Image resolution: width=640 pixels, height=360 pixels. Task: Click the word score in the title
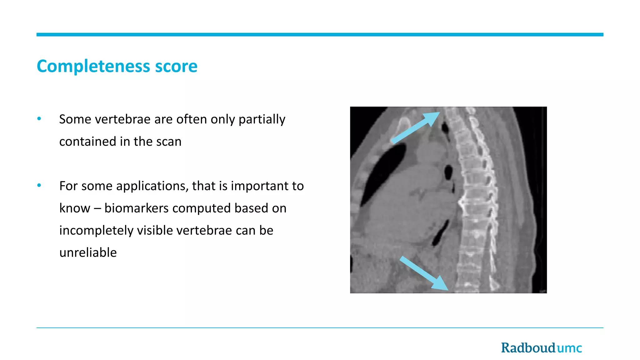click(176, 67)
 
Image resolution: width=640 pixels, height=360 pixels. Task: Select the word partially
click(262, 119)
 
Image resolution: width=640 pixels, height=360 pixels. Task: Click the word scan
click(169, 142)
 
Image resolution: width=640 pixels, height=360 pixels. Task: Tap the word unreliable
click(88, 252)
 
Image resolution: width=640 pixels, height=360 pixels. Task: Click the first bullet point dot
click(39, 119)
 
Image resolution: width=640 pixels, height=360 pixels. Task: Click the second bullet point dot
click(39, 185)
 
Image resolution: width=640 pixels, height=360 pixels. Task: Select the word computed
click(202, 208)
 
